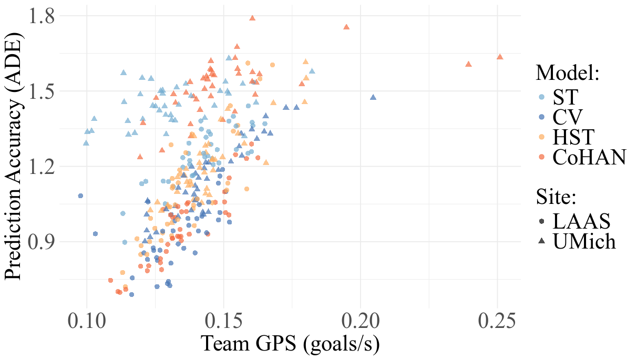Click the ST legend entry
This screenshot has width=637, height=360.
(566, 97)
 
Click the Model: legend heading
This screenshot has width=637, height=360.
(568, 73)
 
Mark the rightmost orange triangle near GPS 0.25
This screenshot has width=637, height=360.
(500, 57)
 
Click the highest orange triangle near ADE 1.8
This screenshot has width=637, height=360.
(252, 18)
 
